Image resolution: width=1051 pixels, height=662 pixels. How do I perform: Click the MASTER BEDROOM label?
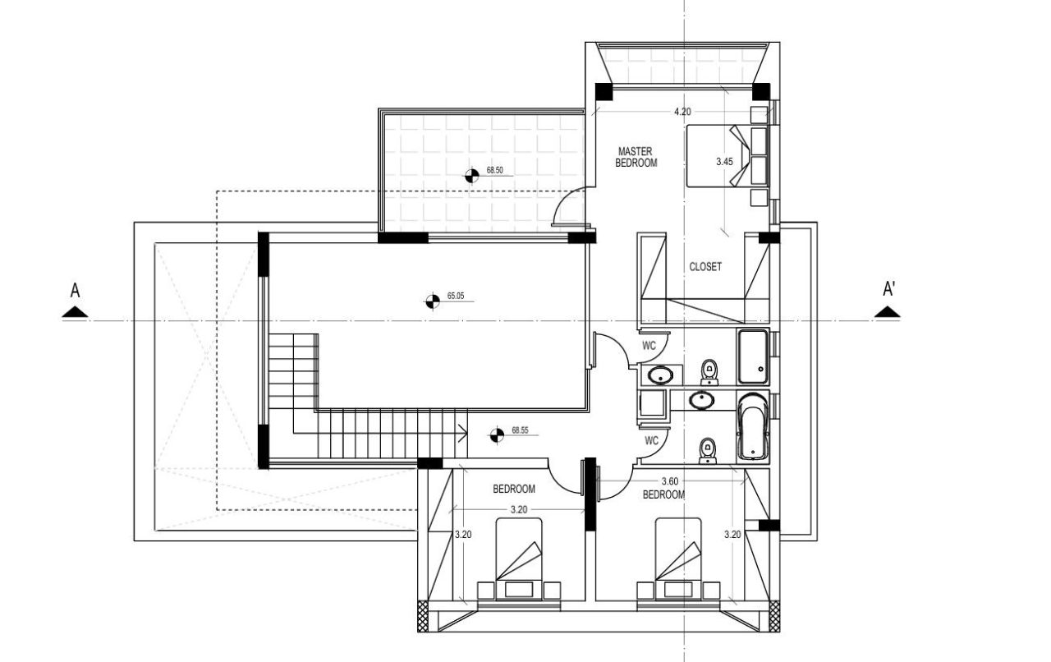(x=636, y=157)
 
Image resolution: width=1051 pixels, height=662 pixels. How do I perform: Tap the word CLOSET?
(x=705, y=267)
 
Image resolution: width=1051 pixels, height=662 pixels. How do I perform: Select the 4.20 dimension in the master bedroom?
(x=682, y=111)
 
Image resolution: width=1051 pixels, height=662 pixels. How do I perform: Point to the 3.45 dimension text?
(x=723, y=162)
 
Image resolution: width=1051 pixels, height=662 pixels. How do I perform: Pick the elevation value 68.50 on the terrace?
(x=494, y=171)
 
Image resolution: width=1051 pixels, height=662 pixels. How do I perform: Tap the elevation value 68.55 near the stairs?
(x=520, y=430)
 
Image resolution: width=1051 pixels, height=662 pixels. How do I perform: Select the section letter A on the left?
(x=75, y=290)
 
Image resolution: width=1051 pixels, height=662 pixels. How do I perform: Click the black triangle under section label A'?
(x=887, y=312)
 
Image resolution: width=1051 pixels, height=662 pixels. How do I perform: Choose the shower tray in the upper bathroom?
(x=753, y=356)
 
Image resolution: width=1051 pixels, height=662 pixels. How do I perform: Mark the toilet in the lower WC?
(x=706, y=450)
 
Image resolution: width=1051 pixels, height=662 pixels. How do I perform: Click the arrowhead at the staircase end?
(x=464, y=430)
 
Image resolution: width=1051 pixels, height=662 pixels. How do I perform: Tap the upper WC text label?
(x=649, y=346)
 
